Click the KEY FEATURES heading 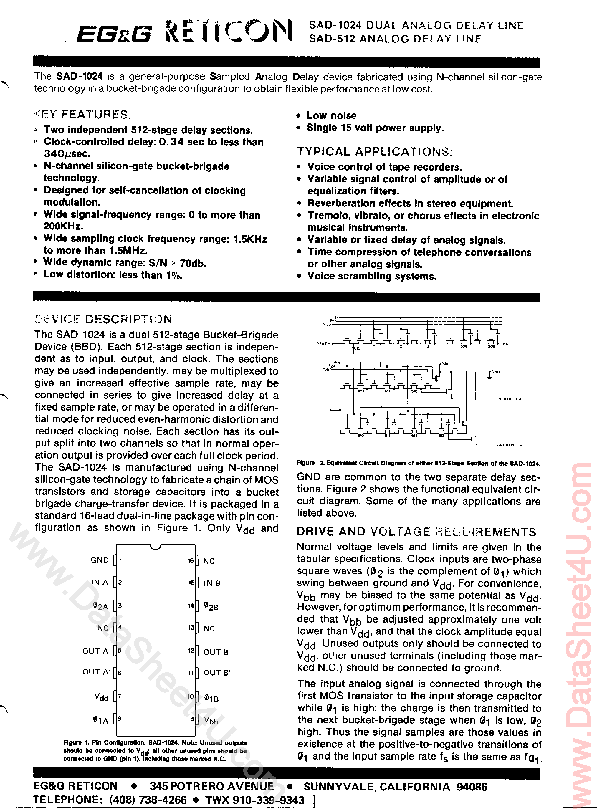(81, 115)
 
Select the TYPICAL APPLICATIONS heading (374, 151)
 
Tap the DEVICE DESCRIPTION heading (103, 319)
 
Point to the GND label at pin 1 (100, 560)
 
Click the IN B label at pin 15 (212, 583)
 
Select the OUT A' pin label (96, 672)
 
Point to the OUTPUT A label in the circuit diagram (512, 399)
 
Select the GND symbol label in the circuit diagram (495, 372)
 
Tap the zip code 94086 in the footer (472, 787)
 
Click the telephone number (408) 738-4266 (148, 800)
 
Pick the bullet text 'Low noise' (331, 116)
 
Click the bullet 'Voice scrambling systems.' (372, 277)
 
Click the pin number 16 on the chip (191, 561)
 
